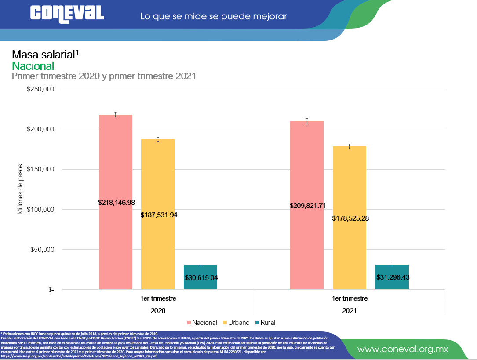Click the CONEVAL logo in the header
pyautogui.click(x=67, y=13)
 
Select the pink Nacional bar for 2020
pyautogui.click(x=116, y=167)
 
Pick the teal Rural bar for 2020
pyautogui.click(x=200, y=270)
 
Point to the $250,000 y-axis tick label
pyautogui.click(x=40, y=89)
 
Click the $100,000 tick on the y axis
pyautogui.click(x=40, y=210)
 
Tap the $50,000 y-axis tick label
pyautogui.click(x=42, y=250)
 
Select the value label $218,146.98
pyautogui.click(x=116, y=203)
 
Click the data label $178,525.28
pyautogui.click(x=350, y=218)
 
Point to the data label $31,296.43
pyautogui.click(x=393, y=277)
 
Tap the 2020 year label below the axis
pyautogui.click(x=158, y=310)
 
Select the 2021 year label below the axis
pyautogui.click(x=350, y=310)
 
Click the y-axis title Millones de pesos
pyautogui.click(x=20, y=189)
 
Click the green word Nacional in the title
pyautogui.click(x=33, y=66)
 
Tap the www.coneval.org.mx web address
pyautogui.click(x=402, y=349)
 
